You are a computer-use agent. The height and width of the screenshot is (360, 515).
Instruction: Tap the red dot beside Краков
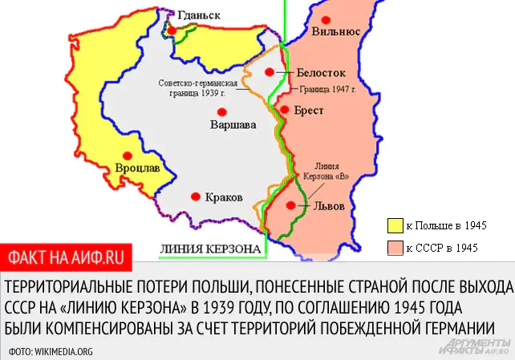[194, 196]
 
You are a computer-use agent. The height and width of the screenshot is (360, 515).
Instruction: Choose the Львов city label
[327, 205]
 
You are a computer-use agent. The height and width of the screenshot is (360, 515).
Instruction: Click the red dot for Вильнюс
[325, 19]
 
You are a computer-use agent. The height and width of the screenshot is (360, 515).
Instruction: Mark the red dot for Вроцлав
[126, 156]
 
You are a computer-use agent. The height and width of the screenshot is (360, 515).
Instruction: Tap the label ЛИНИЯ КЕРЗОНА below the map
[211, 249]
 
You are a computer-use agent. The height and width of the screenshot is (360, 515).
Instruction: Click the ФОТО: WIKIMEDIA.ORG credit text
[51, 350]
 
